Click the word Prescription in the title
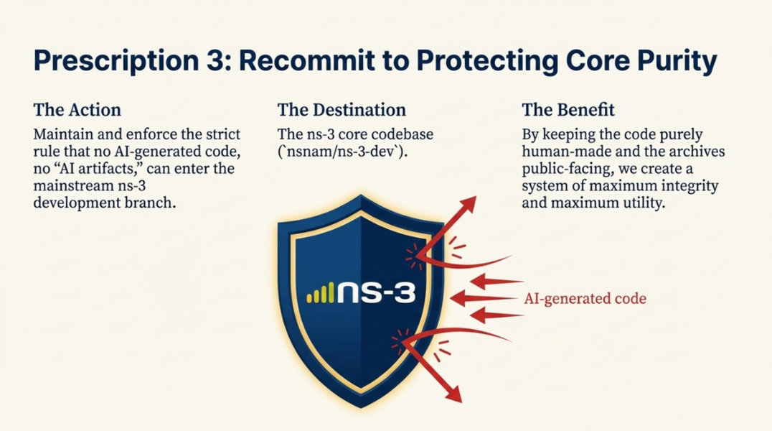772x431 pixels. (x=116, y=62)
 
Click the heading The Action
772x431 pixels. (x=77, y=109)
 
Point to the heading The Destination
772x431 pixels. (x=342, y=109)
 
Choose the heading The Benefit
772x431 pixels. (x=568, y=109)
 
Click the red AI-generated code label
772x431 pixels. (x=585, y=298)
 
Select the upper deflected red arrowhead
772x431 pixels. (x=468, y=204)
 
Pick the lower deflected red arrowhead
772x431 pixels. (x=453, y=393)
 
